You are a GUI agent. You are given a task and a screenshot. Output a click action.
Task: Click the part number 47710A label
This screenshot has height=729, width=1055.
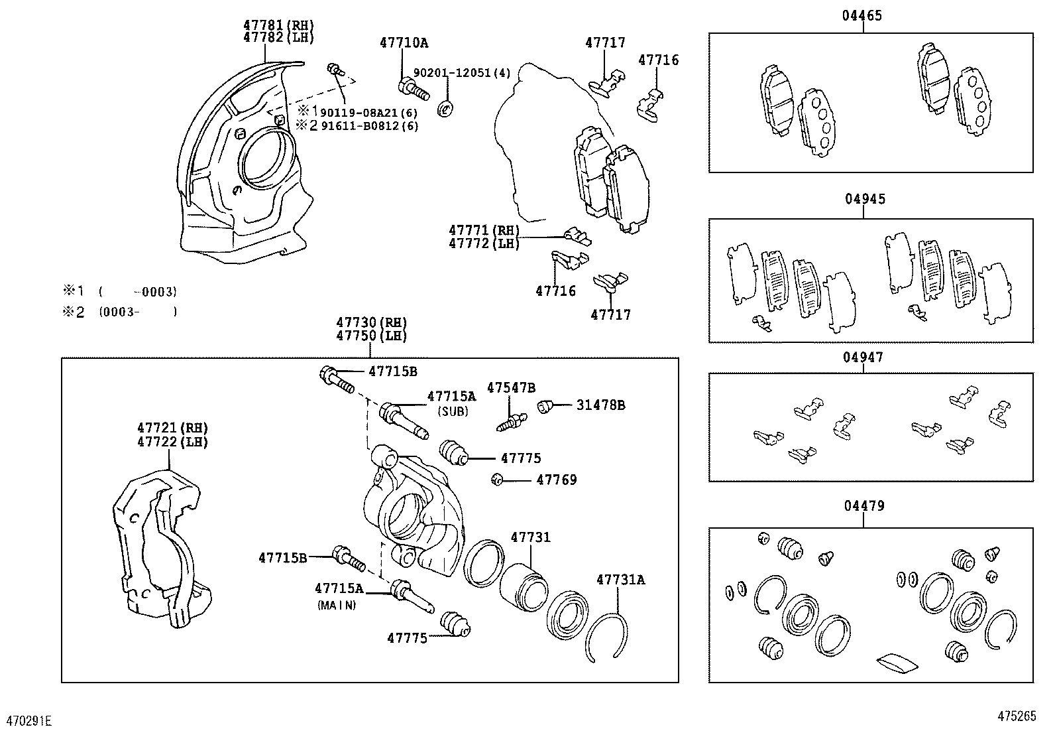(x=404, y=44)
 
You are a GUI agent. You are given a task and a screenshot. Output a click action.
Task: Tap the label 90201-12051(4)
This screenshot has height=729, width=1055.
(x=462, y=73)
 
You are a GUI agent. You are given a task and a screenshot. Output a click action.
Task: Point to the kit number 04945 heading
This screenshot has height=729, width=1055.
(x=864, y=199)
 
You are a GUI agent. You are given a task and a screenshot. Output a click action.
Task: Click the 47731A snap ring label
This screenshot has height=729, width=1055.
(x=620, y=580)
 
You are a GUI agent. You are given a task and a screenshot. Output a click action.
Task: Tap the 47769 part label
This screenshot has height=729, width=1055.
(x=556, y=480)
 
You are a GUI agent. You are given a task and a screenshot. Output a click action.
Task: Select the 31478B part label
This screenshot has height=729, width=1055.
(x=600, y=405)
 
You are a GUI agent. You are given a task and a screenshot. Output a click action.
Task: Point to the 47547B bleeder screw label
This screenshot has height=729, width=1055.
(x=511, y=388)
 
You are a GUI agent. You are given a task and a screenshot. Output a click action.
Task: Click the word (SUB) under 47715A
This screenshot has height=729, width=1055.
(x=452, y=411)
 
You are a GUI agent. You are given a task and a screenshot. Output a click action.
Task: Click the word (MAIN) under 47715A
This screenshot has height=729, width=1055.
(x=337, y=605)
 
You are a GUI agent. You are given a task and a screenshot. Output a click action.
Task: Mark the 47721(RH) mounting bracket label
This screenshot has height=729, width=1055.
(x=172, y=428)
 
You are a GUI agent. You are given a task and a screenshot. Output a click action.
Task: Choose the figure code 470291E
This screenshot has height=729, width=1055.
(x=29, y=720)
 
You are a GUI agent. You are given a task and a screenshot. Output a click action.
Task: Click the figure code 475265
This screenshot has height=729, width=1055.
(x=1017, y=716)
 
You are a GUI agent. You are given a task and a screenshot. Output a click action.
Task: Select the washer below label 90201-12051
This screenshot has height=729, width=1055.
(x=446, y=107)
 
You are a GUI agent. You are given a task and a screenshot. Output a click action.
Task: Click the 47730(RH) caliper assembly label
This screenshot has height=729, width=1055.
(x=371, y=322)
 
